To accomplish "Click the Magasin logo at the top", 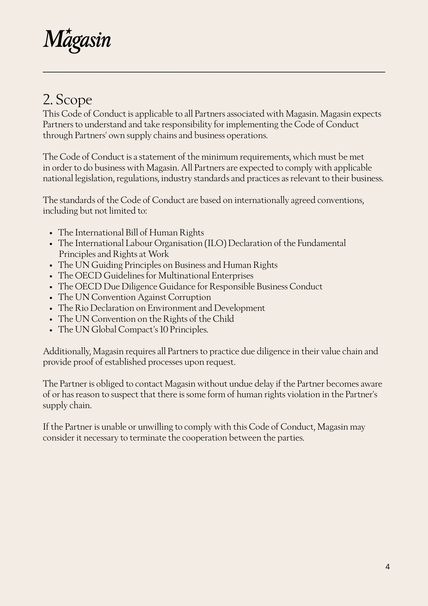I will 77,40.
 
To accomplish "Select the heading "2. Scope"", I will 67,100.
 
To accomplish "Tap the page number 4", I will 387,567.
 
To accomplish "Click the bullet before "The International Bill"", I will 51,233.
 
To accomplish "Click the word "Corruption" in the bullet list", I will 189,297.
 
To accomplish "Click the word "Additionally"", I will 67,351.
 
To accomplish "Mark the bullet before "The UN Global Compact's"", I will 51,330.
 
